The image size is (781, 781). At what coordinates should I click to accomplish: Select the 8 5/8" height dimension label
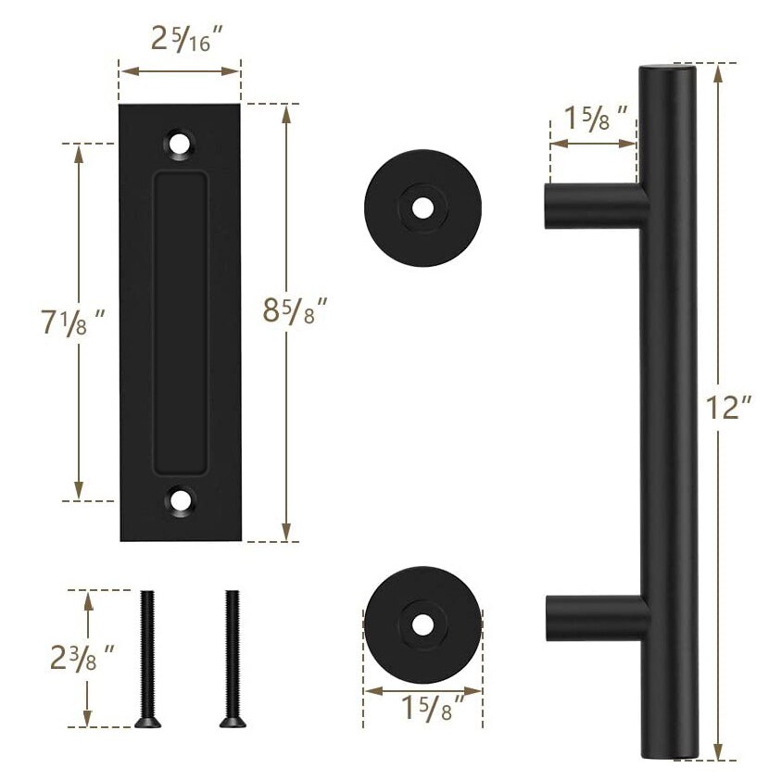tap(296, 309)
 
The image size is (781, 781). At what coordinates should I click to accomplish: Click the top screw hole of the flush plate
tap(181, 145)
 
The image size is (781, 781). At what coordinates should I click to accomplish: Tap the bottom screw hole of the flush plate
tap(181, 501)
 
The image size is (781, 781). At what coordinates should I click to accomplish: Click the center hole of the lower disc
tap(423, 624)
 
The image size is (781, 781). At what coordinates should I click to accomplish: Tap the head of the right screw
tap(229, 720)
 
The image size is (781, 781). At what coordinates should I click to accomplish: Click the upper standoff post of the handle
tap(589, 205)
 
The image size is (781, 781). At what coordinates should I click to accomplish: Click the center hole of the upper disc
tap(422, 208)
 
